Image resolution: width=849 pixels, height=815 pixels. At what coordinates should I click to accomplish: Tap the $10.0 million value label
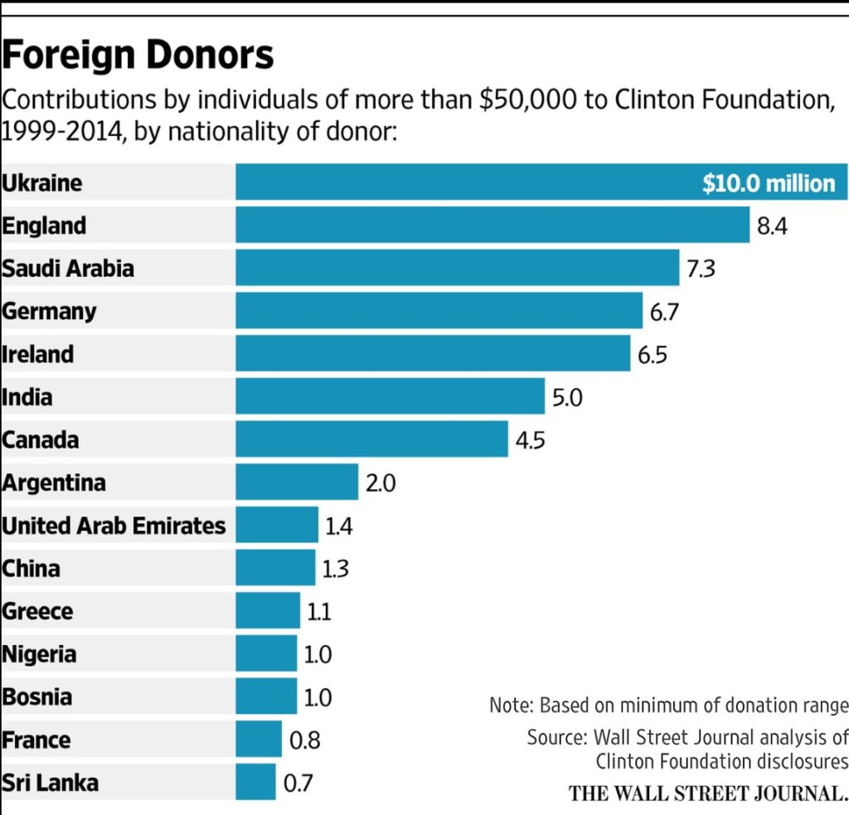[769, 182]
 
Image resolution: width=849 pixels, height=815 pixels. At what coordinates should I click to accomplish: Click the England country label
[44, 226]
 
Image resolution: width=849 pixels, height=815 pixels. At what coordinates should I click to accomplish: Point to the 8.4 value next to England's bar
[772, 226]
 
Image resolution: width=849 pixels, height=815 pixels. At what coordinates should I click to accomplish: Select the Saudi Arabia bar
[457, 268]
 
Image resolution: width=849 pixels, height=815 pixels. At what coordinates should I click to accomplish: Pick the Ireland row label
[38, 354]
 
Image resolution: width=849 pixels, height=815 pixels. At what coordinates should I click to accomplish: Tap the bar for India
[390, 396]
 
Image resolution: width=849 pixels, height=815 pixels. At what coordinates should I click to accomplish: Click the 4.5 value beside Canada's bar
[531, 439]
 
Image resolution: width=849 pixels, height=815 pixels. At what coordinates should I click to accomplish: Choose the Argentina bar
[297, 482]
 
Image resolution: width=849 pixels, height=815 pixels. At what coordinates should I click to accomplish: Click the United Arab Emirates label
[114, 525]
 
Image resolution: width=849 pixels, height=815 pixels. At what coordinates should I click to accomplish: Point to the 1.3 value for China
[336, 568]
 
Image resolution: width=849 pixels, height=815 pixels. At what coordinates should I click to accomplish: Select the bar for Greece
[268, 611]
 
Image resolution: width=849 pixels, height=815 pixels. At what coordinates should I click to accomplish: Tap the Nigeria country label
[39, 654]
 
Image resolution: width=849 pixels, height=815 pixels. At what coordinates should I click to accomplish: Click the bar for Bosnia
[266, 696]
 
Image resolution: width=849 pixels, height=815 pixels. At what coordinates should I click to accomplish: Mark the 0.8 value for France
[304, 740]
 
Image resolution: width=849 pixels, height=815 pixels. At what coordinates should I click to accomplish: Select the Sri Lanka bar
[255, 782]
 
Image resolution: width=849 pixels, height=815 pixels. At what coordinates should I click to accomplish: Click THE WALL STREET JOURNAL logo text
[708, 793]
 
